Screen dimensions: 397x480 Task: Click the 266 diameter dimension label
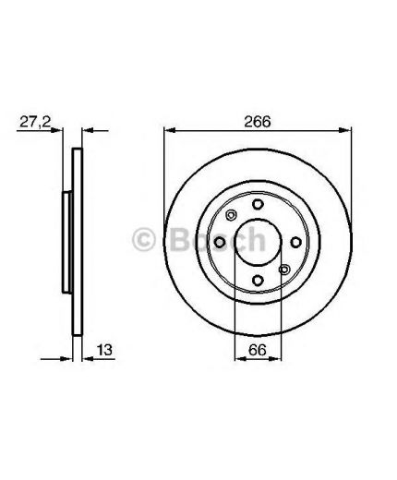click(258, 122)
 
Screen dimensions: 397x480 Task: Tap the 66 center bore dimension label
click(258, 350)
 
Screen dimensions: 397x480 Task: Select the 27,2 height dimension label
click(35, 122)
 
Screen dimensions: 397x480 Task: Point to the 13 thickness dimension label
click(104, 350)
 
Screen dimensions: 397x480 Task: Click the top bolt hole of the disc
click(258, 204)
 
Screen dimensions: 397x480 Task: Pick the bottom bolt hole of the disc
click(258, 281)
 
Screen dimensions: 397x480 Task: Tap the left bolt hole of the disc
click(220, 243)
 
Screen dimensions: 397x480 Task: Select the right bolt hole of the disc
click(296, 243)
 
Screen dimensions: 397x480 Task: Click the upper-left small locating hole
click(231, 215)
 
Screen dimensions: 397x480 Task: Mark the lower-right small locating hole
click(284, 270)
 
